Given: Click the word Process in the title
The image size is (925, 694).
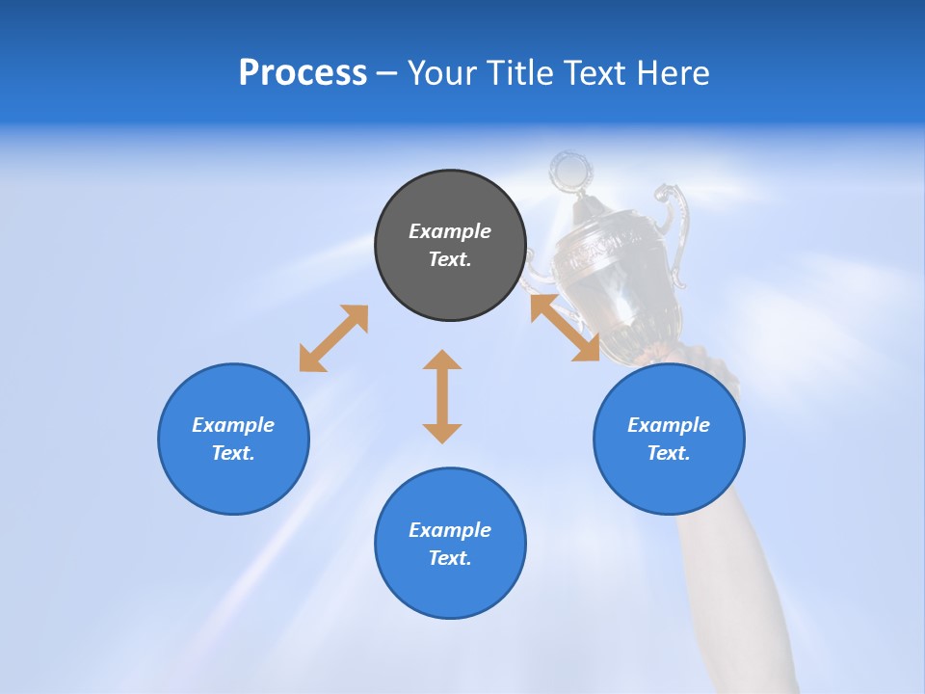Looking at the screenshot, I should [x=303, y=73].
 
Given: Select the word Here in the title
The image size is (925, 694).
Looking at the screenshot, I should [x=674, y=73].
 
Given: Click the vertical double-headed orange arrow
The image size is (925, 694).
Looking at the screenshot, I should [x=442, y=397].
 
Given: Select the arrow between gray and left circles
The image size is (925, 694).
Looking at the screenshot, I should [x=333, y=338].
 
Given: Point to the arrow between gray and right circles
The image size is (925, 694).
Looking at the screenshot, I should [x=566, y=328].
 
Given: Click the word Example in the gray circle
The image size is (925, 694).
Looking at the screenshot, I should [x=450, y=231].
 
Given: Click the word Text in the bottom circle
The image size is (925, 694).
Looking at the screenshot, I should [x=448, y=558].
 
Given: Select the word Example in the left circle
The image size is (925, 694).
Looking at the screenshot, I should [x=233, y=425].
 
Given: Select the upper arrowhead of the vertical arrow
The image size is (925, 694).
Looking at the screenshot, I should [x=442, y=360].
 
